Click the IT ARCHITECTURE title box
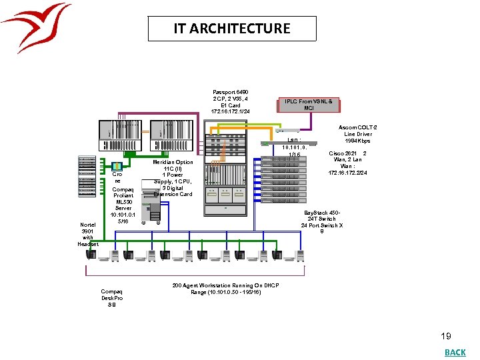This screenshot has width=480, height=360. click(232, 29)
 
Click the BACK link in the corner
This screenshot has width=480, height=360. click(455, 352)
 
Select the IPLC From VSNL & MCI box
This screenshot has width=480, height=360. click(309, 105)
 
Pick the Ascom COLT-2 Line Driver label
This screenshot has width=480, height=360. click(357, 134)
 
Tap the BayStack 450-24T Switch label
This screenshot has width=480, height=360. click(322, 219)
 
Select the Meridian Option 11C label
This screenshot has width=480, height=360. click(173, 178)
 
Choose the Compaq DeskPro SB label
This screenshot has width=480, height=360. click(111, 298)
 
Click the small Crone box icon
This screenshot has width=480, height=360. click(117, 167)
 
